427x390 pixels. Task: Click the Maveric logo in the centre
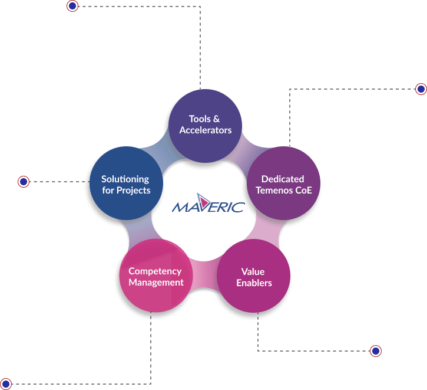point(207,206)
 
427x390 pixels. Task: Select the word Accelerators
point(206,130)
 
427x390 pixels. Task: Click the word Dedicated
point(283,179)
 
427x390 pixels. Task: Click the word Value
point(253,272)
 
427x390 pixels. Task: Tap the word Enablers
point(254,283)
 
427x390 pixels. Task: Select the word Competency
point(155,271)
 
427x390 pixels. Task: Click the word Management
point(156,282)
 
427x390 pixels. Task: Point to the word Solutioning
point(125,179)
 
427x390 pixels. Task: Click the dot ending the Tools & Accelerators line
point(72,6)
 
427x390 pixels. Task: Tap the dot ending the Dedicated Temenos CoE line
point(421,89)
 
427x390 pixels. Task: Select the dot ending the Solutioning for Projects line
point(24,182)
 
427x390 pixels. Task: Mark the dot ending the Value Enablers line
point(376,351)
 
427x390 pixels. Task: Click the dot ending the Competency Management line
point(6,384)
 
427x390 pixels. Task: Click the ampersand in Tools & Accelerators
point(217,119)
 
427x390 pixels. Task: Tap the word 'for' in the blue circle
point(108,190)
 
